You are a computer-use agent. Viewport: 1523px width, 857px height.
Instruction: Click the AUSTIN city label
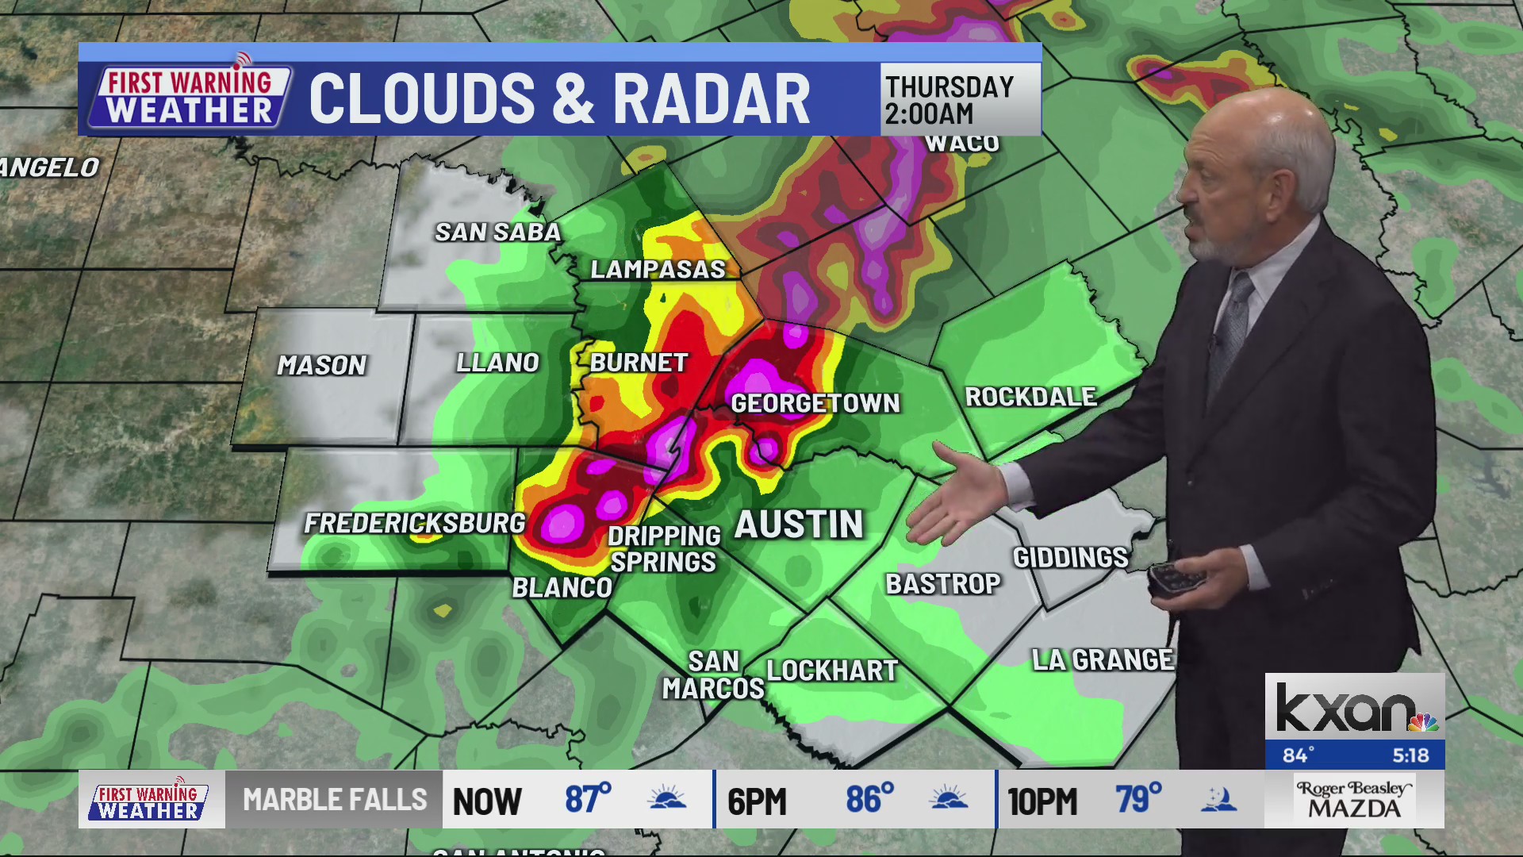point(799,525)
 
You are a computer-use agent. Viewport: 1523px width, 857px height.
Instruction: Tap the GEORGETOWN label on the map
point(815,403)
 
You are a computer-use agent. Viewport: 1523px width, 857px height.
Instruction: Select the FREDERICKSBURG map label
point(414,523)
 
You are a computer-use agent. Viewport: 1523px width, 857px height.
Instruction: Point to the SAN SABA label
point(497,232)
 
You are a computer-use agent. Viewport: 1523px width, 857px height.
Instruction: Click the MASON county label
point(321,365)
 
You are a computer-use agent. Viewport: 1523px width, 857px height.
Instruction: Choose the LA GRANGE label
point(1103,659)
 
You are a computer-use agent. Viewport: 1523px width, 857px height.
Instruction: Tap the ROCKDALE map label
point(1030,397)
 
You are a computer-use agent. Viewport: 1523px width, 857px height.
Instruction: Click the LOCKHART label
point(832,671)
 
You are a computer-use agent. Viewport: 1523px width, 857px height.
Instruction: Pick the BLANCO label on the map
point(562,588)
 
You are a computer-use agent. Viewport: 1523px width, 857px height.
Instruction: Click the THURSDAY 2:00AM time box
point(960,99)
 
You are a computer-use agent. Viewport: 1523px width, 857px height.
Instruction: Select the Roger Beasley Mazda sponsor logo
point(1354,799)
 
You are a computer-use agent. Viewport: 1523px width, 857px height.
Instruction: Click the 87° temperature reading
point(587,799)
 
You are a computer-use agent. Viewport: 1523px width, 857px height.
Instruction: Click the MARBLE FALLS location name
point(335,799)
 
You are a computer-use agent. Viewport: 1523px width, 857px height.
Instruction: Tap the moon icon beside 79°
point(1218,799)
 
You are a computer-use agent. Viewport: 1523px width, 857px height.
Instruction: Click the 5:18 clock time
point(1410,755)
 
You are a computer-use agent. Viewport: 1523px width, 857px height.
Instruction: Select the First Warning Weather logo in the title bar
point(189,98)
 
